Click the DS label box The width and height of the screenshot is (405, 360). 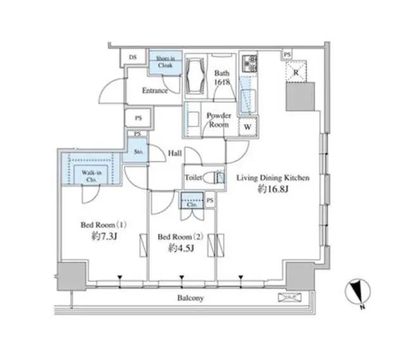(x=133, y=58)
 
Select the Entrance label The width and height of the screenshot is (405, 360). (x=155, y=90)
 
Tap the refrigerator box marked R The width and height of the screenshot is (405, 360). (x=295, y=72)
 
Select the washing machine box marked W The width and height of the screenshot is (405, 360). (x=247, y=125)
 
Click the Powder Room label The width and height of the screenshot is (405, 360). (x=219, y=120)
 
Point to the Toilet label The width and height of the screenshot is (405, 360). (x=194, y=178)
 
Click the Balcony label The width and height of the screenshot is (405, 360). (x=189, y=298)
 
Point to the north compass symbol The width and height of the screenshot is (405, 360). (x=358, y=292)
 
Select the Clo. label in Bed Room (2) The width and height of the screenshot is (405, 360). (x=194, y=204)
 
